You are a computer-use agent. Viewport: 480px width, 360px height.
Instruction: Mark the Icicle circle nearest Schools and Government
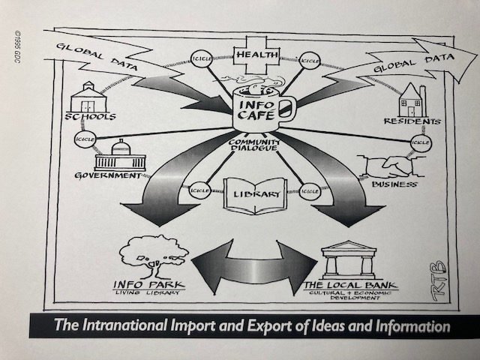pyautogui.click(x=82, y=139)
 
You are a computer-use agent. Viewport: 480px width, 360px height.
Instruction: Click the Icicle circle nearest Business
pyautogui.click(x=421, y=141)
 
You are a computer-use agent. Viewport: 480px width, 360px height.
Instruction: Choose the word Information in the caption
pyautogui.click(x=411, y=327)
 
